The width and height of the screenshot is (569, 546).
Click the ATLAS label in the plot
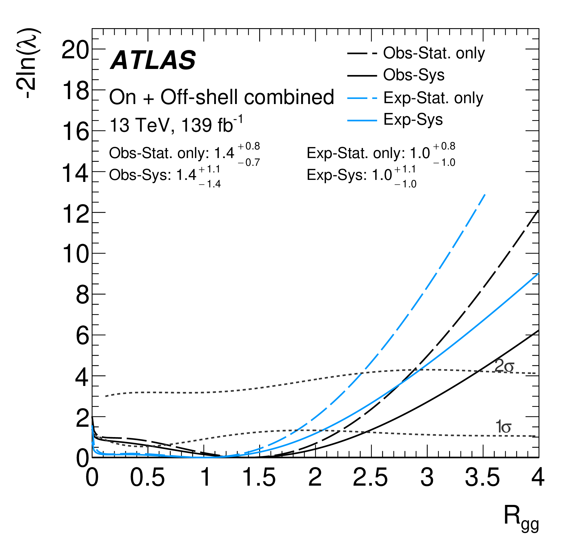pyautogui.click(x=153, y=60)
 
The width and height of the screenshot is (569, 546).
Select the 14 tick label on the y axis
pyautogui.click(x=75, y=174)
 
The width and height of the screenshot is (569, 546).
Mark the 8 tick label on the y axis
pyautogui.click(x=82, y=296)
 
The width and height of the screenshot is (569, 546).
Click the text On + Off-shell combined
pyautogui.click(x=221, y=97)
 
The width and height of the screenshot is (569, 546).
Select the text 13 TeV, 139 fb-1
pyautogui.click(x=176, y=125)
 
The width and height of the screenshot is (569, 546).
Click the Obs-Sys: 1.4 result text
pyautogui.click(x=165, y=175)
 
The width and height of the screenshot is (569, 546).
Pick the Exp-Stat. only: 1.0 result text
pyautogui.click(x=380, y=153)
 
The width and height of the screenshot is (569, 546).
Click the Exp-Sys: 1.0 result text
pyautogui.click(x=361, y=175)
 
